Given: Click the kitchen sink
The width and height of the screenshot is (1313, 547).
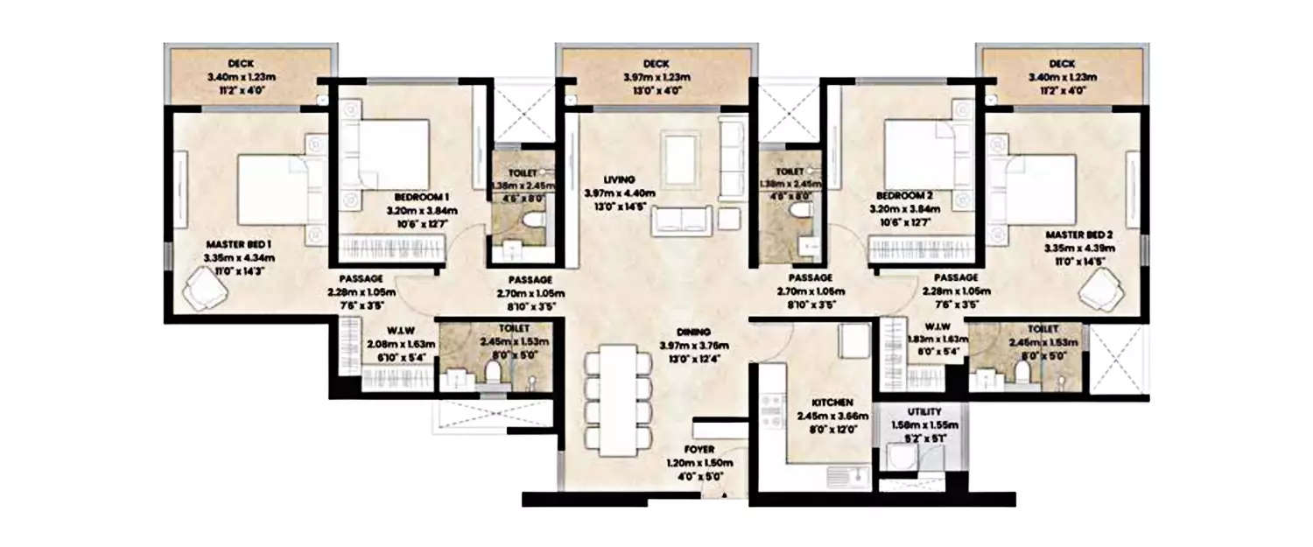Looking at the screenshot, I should [x=844, y=477].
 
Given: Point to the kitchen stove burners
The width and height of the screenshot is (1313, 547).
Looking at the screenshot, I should [x=772, y=413].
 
